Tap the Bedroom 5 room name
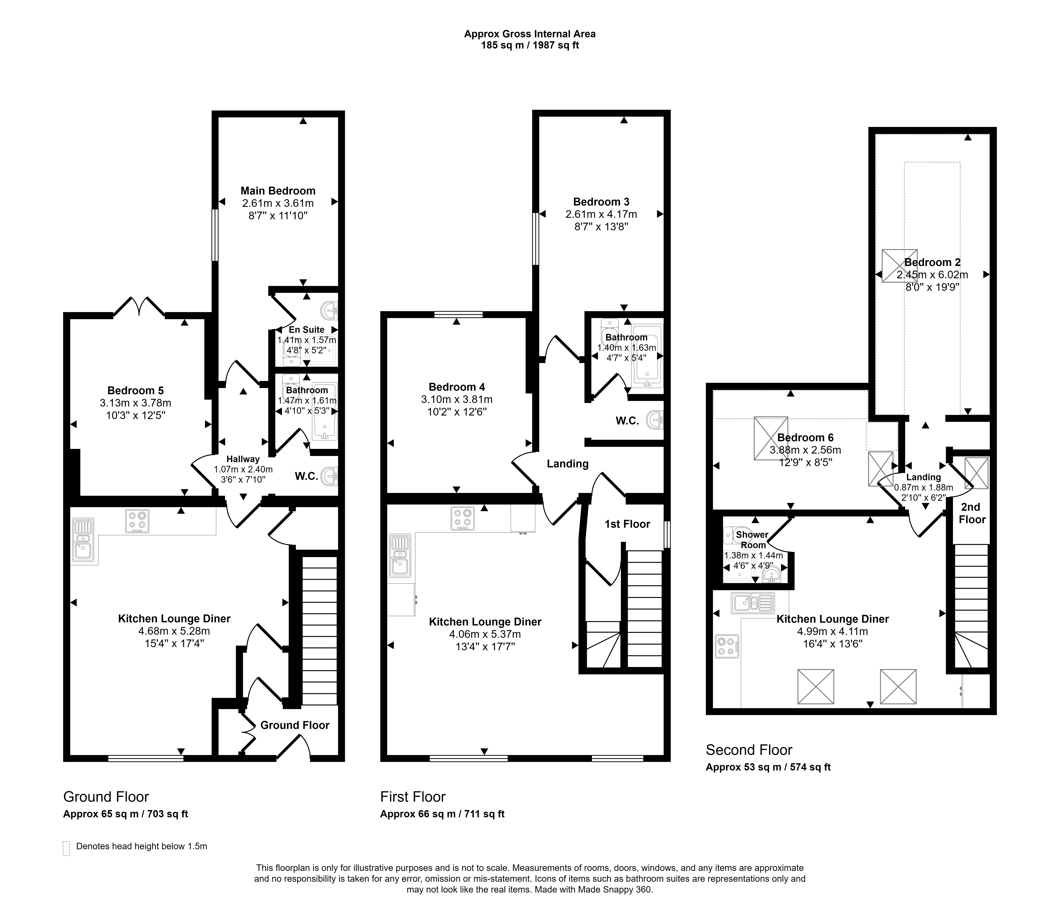coord(136,391)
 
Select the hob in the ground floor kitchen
coord(137,522)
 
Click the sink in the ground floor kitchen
coord(83,541)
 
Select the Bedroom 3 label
coord(601,202)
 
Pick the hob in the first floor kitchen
coord(462,518)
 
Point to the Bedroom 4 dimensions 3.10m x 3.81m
coord(457,399)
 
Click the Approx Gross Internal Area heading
coord(530,34)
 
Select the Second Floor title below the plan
coord(749,750)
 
